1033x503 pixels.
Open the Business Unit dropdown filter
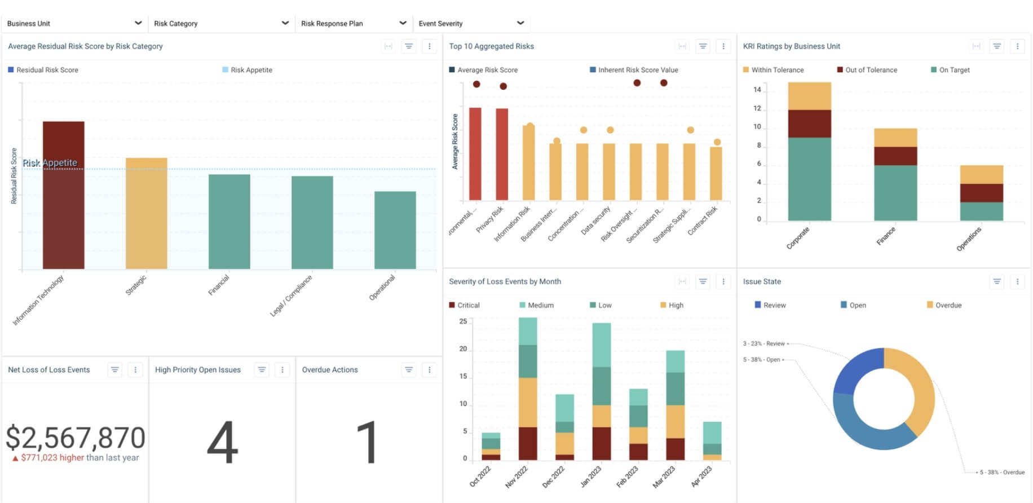(x=74, y=23)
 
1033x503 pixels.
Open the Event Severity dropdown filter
(x=471, y=23)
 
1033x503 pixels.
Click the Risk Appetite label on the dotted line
(x=50, y=163)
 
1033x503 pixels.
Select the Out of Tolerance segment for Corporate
(x=809, y=123)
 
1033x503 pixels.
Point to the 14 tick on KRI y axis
(x=757, y=90)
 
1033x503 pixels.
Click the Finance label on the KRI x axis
(x=886, y=236)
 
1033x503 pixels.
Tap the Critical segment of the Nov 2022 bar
(x=528, y=443)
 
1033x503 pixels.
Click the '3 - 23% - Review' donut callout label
(x=763, y=343)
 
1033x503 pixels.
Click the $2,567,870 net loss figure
(x=76, y=438)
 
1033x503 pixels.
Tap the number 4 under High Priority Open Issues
(x=222, y=443)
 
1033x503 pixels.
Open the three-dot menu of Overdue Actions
(x=429, y=370)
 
